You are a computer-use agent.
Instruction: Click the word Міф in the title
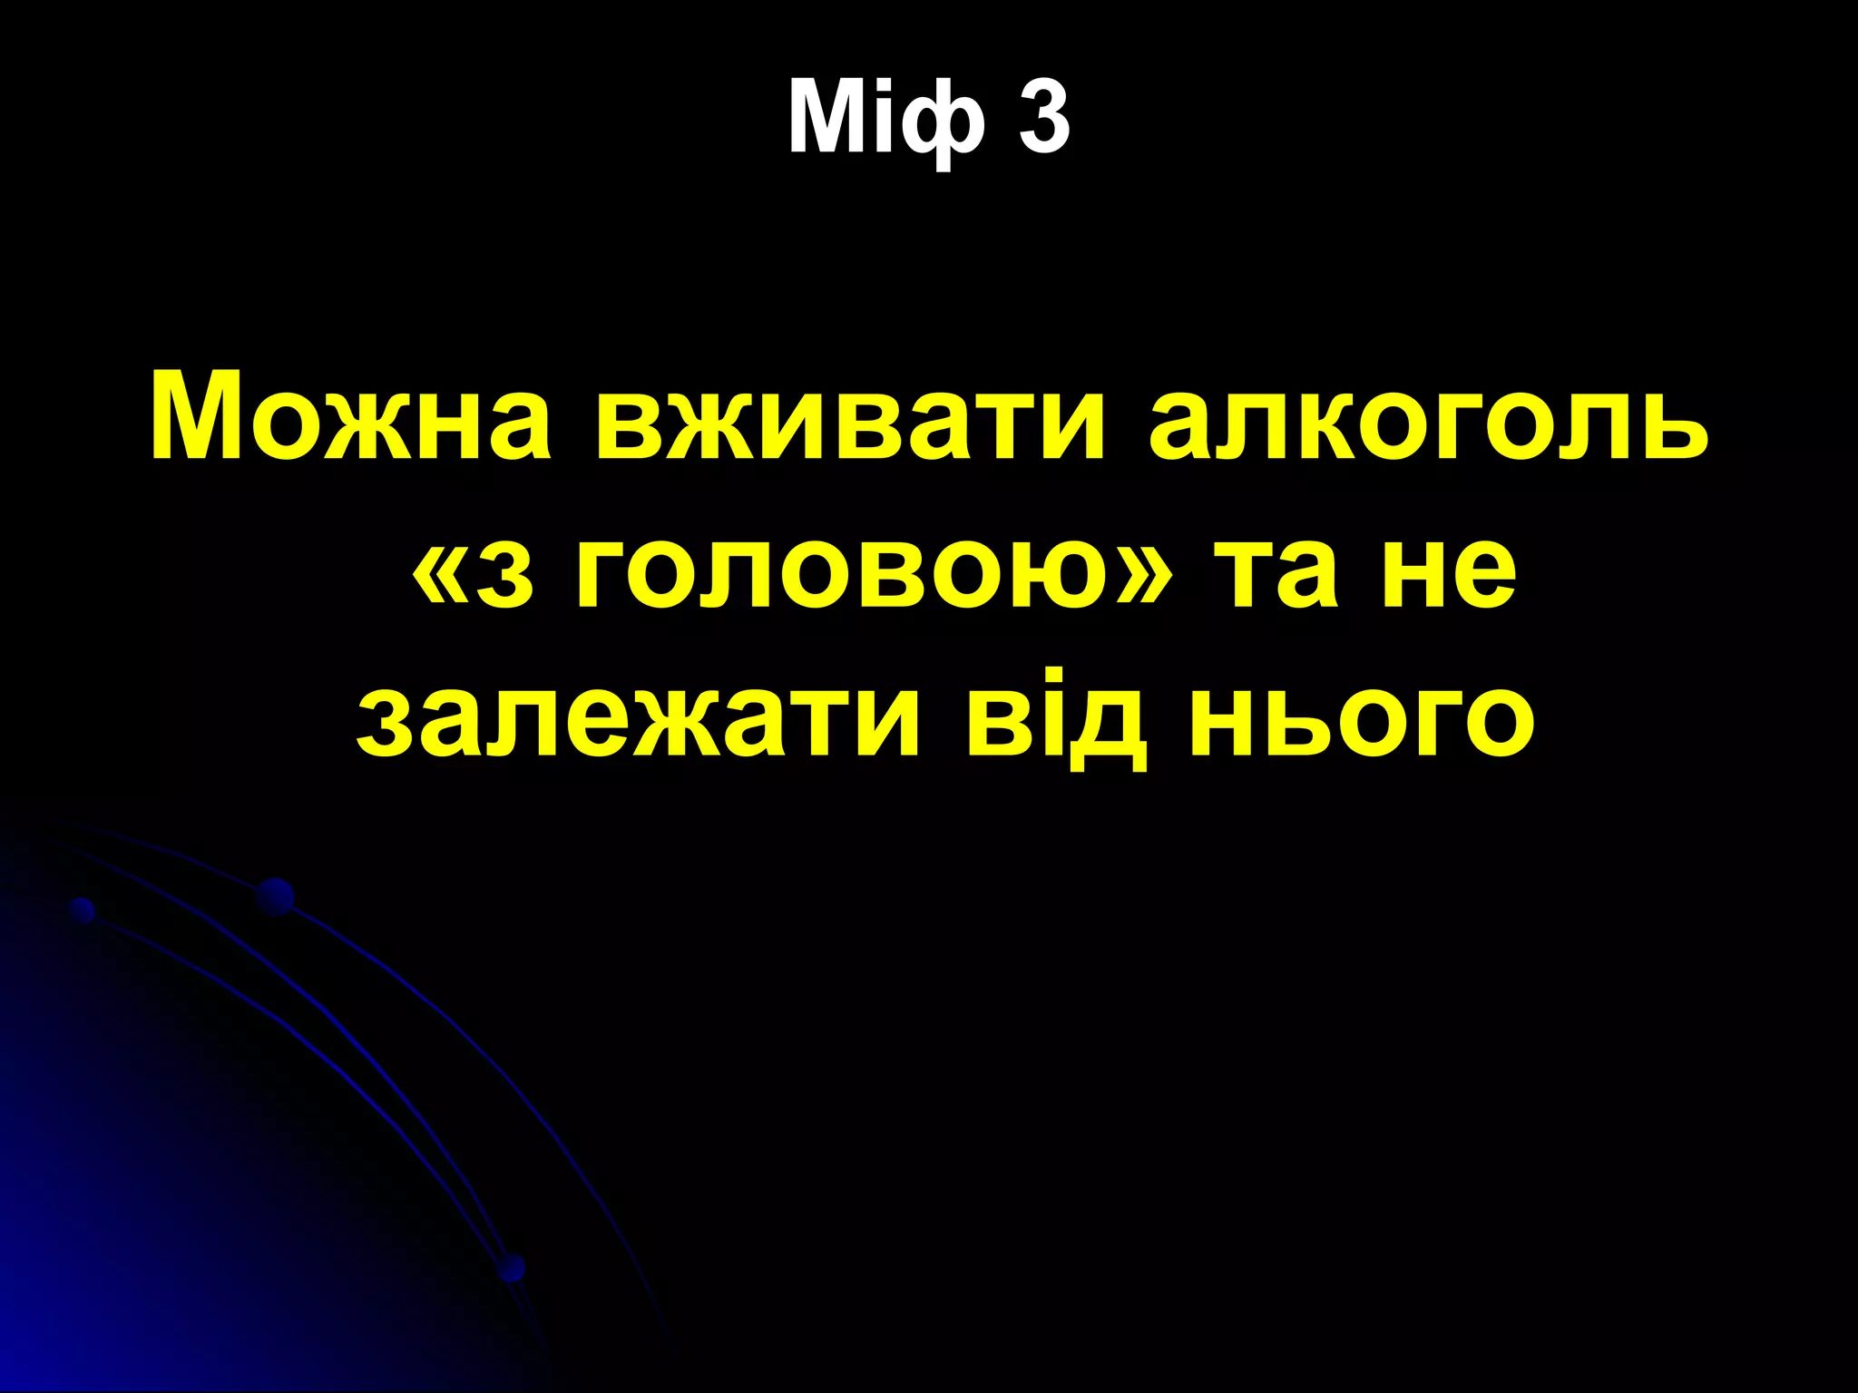click(885, 118)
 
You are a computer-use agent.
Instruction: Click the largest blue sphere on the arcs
click(274, 896)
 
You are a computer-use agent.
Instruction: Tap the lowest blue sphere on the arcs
click(512, 1266)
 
